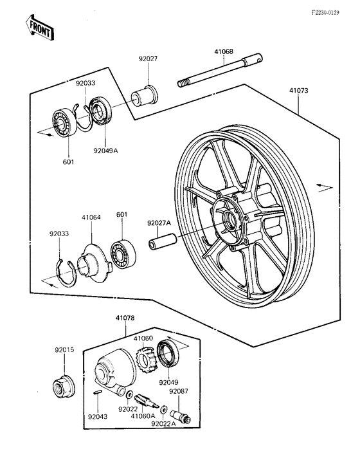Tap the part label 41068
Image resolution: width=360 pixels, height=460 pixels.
tap(224, 53)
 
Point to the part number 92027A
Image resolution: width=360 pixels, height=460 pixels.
tap(158, 223)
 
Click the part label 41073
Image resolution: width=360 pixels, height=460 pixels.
tap(298, 91)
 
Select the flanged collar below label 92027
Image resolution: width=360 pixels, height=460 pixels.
tap(143, 95)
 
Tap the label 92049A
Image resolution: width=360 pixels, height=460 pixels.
tap(107, 151)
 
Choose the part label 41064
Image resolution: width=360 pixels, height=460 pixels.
tap(91, 217)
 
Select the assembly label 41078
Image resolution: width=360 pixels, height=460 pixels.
tap(126, 317)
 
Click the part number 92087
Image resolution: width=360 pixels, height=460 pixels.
tap(178, 391)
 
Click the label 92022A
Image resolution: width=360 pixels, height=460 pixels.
tap(163, 424)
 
